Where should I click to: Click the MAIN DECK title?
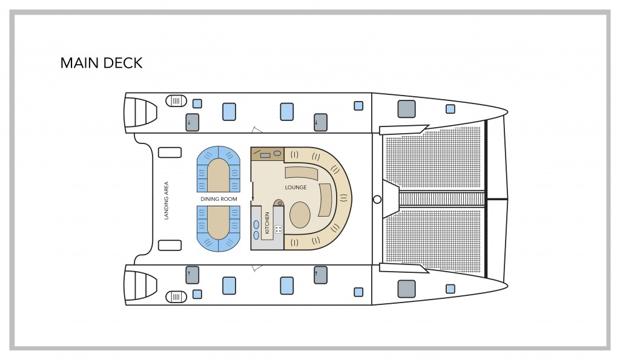(x=101, y=63)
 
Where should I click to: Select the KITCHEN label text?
(x=267, y=222)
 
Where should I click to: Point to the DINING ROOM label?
(x=219, y=198)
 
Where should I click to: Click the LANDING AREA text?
(x=167, y=200)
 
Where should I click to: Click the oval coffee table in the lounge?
(x=301, y=214)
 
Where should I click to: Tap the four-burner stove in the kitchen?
(x=279, y=229)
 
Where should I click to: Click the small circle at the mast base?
(x=377, y=199)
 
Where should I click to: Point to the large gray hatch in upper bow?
(x=406, y=109)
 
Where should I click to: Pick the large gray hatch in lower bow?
(x=406, y=289)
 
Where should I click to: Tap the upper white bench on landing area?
(x=170, y=152)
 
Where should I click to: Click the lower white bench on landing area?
(x=170, y=245)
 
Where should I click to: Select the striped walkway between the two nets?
(x=442, y=199)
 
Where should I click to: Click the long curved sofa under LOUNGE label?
(x=301, y=174)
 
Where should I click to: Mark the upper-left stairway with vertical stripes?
(x=176, y=100)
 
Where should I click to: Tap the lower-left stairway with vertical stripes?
(x=176, y=296)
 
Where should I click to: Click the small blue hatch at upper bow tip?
(x=450, y=109)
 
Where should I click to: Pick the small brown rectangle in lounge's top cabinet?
(x=265, y=155)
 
